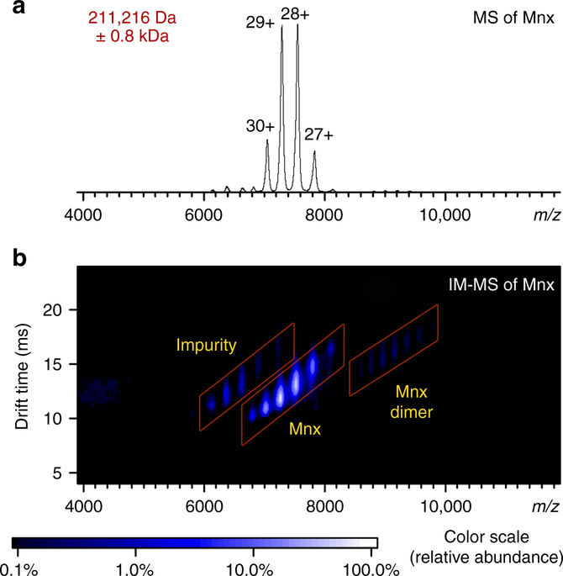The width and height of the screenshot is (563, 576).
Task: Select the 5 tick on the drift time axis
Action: pyautogui.click(x=57, y=473)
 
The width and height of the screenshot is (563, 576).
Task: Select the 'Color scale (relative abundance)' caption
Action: pyautogui.click(x=498, y=547)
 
